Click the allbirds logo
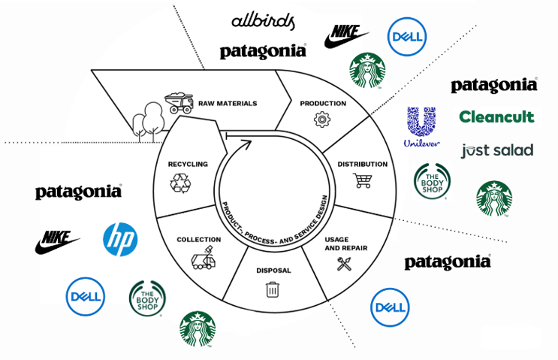[263, 21]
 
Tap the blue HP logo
[119, 238]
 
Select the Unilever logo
[421, 126]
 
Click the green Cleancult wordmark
[496, 116]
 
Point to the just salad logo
[496, 150]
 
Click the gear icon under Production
[322, 118]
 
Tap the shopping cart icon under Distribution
[362, 180]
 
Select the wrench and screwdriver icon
[345, 263]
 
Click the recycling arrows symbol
[182, 183]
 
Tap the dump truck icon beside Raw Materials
[179, 101]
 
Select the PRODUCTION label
[323, 103]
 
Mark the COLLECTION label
[198, 240]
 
